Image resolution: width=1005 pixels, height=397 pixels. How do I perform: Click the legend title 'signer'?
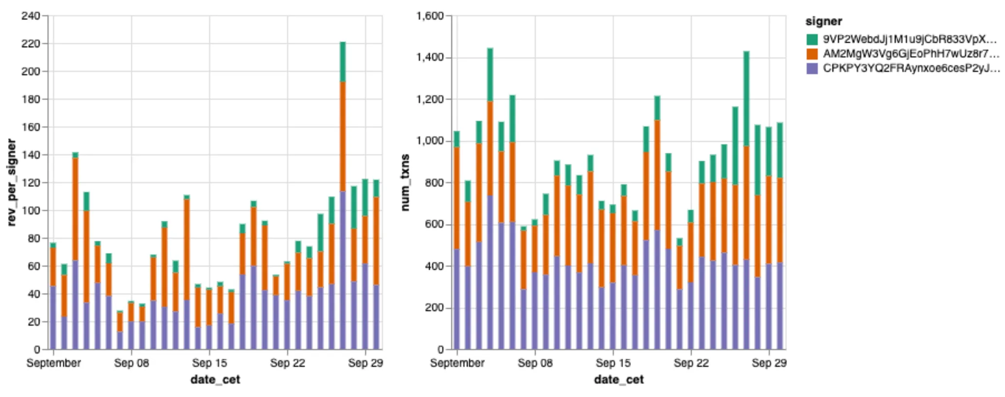[823, 21]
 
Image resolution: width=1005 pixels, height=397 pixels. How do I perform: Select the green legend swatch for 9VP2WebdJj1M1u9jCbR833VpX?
[812, 39]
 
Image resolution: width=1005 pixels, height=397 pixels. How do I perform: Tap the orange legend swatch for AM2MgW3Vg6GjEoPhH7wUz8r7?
[812, 53]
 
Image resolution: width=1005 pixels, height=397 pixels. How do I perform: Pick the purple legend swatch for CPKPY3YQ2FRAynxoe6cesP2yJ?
[812, 68]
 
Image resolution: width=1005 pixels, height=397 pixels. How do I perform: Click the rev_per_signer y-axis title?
[12, 182]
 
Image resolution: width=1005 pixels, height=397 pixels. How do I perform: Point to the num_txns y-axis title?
[405, 182]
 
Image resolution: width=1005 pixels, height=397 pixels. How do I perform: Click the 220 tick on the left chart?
[31, 44]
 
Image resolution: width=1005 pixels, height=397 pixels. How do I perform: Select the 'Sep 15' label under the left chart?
[209, 363]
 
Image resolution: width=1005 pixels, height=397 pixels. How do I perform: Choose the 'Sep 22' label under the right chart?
[691, 363]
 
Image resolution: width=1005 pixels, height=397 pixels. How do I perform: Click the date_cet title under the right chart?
[619, 380]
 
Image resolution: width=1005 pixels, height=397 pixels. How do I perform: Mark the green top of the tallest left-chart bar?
[343, 62]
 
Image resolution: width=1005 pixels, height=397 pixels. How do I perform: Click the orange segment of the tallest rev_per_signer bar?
[343, 136]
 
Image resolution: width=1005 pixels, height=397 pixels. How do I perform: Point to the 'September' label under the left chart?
[53, 363]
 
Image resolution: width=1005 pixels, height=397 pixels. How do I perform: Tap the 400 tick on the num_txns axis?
[434, 266]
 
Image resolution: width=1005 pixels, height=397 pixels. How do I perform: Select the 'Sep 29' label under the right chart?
[769, 363]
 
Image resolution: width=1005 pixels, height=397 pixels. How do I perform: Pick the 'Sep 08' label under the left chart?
[131, 363]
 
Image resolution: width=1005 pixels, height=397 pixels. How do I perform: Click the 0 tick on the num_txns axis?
[440, 349]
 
